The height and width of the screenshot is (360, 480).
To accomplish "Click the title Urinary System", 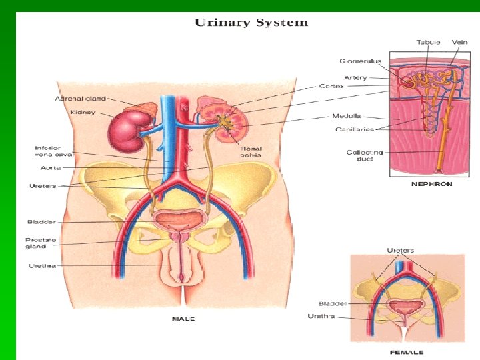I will (x=251, y=23).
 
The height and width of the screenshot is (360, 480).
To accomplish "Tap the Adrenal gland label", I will (x=80, y=99).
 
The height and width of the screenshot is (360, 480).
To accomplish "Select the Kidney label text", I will (x=83, y=112).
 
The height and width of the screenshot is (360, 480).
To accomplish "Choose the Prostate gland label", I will (x=41, y=243).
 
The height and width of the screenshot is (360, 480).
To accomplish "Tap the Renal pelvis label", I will (x=251, y=151).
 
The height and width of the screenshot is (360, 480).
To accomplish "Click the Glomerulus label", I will (x=360, y=61).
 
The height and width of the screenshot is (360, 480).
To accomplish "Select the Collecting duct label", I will (x=365, y=155).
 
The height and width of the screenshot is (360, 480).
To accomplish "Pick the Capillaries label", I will (x=355, y=129).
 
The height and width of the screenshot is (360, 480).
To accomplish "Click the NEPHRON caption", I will (x=431, y=184).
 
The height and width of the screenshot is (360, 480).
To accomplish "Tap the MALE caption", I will (x=183, y=319).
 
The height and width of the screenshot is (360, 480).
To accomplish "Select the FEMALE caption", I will (x=407, y=351).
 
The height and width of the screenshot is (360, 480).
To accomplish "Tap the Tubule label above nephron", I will (x=428, y=42).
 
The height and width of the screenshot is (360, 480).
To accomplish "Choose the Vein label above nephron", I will (x=459, y=42).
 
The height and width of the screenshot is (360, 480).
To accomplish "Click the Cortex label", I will (x=331, y=86).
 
